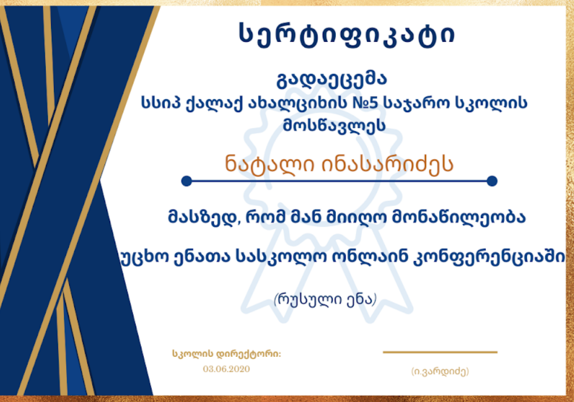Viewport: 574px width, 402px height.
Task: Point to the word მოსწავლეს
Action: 334,125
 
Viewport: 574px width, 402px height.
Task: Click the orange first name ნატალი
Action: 270,164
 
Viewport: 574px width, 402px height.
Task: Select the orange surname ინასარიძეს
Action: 388,164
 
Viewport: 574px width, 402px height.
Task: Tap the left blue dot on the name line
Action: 187,181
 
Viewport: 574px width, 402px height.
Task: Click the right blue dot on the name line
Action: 492,181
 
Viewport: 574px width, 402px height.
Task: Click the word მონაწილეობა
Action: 459,217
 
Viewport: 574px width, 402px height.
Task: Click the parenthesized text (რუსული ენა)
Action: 325,299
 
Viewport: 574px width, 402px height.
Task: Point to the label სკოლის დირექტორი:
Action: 227,354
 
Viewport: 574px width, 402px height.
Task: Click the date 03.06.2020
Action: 227,369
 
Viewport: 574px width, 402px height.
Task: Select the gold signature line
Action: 440,352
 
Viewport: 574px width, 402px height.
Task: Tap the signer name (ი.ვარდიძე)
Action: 440,371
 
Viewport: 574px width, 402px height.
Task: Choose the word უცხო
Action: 144,258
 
